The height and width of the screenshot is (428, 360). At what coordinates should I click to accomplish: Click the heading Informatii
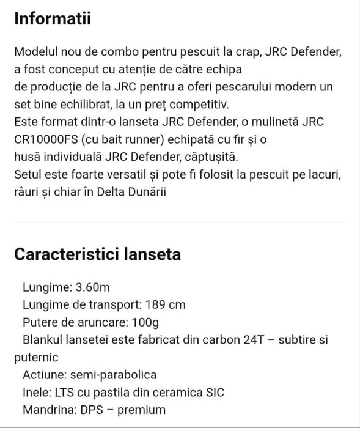click(53, 19)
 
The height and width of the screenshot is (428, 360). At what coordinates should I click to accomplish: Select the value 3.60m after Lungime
click(93, 287)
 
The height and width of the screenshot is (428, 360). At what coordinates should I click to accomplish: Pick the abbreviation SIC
click(212, 392)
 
